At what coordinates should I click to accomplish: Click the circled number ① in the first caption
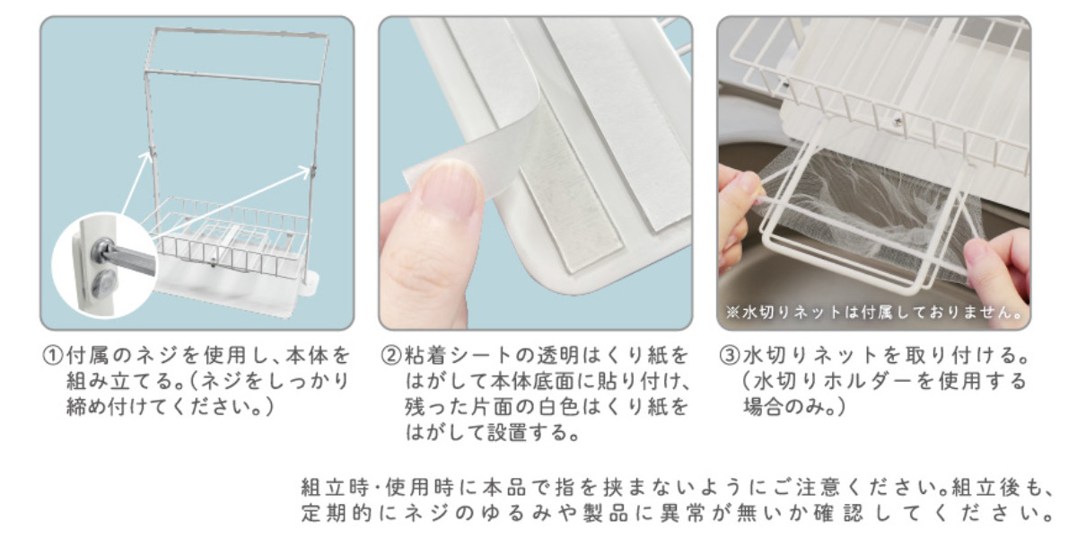pos(53,356)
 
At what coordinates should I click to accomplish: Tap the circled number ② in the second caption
pos(391,356)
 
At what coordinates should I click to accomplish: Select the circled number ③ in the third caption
pos(730,356)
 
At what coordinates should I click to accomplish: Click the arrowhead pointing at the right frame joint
pos(304,171)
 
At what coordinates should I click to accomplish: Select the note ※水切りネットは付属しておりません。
pos(874,313)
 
